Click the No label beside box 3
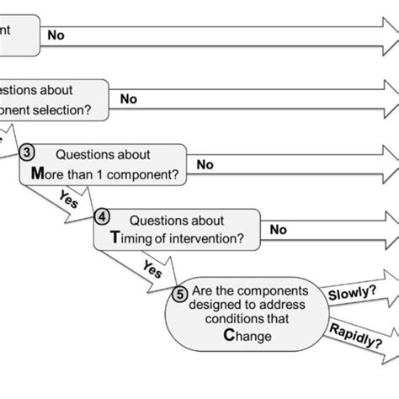pyautogui.click(x=205, y=165)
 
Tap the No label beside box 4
pyautogui.click(x=279, y=229)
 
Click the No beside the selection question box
pyautogui.click(x=129, y=99)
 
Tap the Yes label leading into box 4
pyautogui.click(x=69, y=203)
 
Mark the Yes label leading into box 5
pyautogui.click(x=152, y=271)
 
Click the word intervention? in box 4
pyautogui.click(x=206, y=238)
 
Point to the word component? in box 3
pyautogui.click(x=140, y=174)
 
